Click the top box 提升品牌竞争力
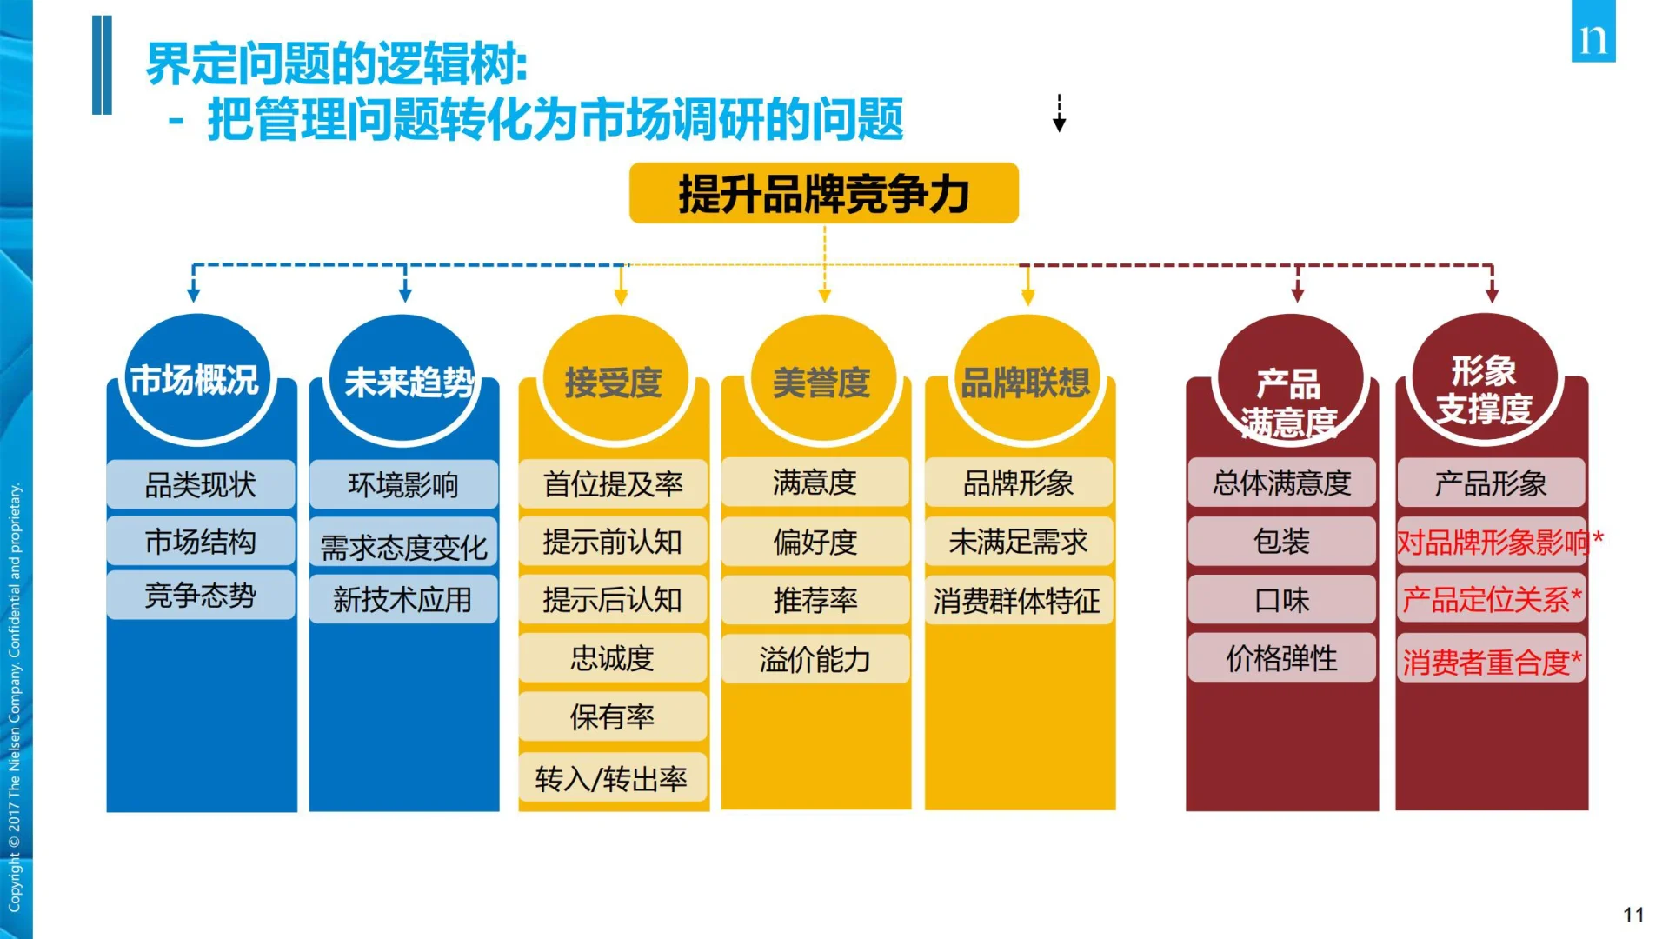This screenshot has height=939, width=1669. point(823,193)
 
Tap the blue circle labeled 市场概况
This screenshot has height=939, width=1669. point(196,380)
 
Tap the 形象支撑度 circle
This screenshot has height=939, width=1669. point(1485,383)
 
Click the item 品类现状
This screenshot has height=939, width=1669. point(200,484)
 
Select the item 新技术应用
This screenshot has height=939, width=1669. point(402,599)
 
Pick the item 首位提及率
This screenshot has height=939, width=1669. point(613,484)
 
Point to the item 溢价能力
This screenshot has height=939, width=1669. point(815,659)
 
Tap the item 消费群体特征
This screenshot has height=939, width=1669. point(1017,600)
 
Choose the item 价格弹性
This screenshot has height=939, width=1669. point(1281,658)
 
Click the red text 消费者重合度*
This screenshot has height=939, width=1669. point(1491,662)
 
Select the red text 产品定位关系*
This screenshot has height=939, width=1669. point(1491,599)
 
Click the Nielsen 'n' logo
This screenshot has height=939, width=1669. point(1593,35)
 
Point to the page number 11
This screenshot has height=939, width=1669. point(1633,915)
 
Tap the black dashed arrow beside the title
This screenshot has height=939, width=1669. point(1059,113)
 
